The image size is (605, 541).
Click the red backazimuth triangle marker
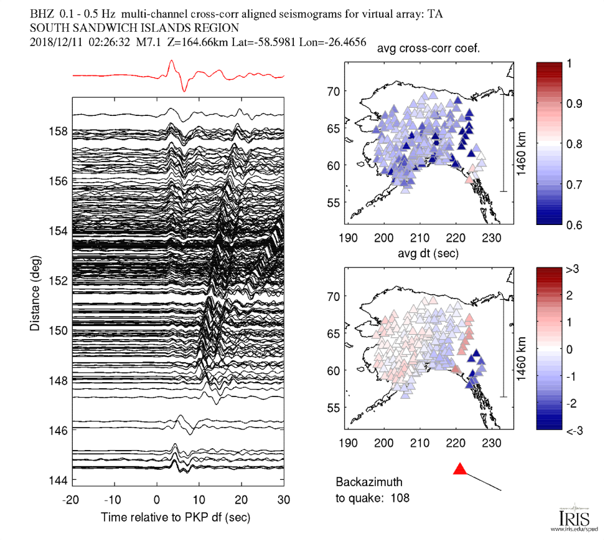(x=460, y=469)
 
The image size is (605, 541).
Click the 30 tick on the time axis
(x=284, y=499)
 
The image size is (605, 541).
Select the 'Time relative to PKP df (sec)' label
(x=176, y=517)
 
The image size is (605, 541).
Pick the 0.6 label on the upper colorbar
(x=576, y=225)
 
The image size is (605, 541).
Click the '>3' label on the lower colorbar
(x=573, y=269)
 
